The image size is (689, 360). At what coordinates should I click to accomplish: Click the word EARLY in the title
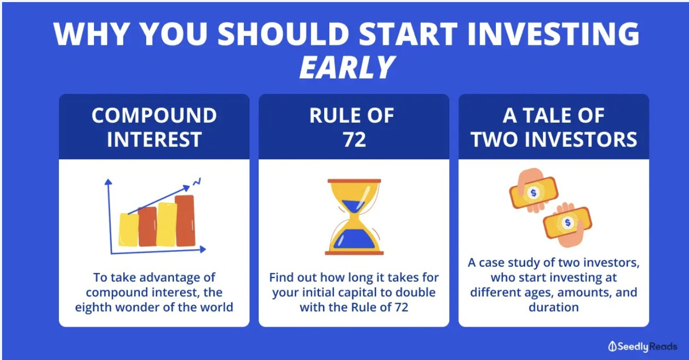pyautogui.click(x=347, y=67)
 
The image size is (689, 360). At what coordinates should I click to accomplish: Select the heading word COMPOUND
pyautogui.click(x=154, y=116)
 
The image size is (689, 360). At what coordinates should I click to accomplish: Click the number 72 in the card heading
pyautogui.click(x=354, y=140)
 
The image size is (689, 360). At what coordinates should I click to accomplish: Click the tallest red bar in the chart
pyautogui.click(x=185, y=220)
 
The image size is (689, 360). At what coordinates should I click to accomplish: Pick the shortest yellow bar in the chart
pyautogui.click(x=128, y=230)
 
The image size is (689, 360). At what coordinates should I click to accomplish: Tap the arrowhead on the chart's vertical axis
pyautogui.click(x=108, y=182)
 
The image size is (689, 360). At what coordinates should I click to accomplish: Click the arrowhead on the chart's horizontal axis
pyautogui.click(x=203, y=249)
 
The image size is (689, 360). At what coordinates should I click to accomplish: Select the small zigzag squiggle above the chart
pyautogui.click(x=197, y=182)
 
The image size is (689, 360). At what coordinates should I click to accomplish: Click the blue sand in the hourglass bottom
pyautogui.click(x=354, y=239)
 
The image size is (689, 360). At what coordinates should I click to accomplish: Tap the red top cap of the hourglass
pyautogui.click(x=354, y=181)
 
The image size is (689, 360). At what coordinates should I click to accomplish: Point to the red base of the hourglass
pyautogui.click(x=354, y=253)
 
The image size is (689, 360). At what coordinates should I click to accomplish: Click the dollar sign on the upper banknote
pyautogui.click(x=533, y=193)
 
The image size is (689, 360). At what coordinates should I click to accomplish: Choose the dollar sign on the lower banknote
pyautogui.click(x=568, y=222)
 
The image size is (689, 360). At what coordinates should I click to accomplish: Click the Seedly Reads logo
pyautogui.click(x=643, y=346)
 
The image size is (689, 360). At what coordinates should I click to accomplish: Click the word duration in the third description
pyautogui.click(x=554, y=307)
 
